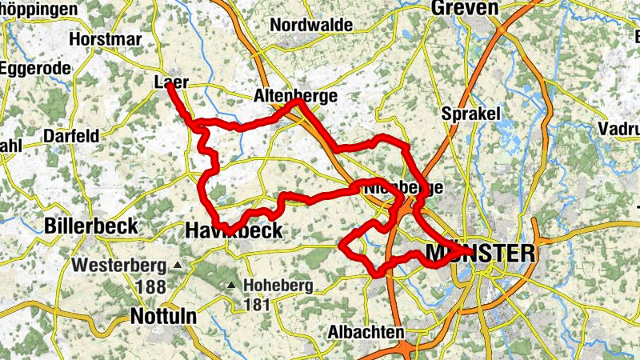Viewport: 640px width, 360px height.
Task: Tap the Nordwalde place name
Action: (x=311, y=26)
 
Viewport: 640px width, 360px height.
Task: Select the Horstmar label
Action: (x=106, y=38)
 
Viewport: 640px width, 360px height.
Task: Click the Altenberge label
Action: (x=295, y=96)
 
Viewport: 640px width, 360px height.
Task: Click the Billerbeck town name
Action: (x=93, y=226)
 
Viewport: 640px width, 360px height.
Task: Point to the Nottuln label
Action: (x=162, y=317)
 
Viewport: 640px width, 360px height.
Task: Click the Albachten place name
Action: (x=366, y=331)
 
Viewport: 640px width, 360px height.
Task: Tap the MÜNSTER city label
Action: (x=481, y=254)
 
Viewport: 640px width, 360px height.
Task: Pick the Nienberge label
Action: (x=402, y=188)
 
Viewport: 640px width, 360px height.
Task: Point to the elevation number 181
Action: (x=258, y=305)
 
